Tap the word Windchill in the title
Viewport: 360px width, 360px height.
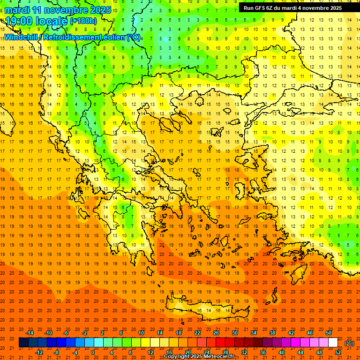[21, 37]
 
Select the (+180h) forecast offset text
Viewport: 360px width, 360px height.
[83, 21]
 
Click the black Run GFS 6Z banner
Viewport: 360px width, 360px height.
[292, 8]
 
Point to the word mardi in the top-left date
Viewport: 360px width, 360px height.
[17, 10]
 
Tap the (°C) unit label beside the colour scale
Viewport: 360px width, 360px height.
[349, 343]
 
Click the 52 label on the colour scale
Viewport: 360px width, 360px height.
[338, 352]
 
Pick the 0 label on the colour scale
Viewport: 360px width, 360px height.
[93, 352]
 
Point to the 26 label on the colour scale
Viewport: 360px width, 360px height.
[216, 333]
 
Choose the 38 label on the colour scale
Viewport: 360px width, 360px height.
[272, 333]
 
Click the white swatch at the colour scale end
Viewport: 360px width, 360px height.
[333, 343]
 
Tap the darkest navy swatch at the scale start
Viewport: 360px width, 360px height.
[23, 343]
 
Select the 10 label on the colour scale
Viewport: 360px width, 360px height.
[141, 333]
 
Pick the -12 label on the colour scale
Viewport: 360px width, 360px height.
[39, 352]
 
